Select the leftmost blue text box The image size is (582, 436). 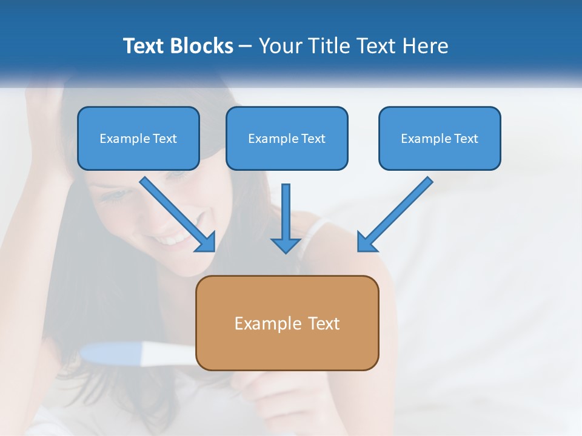138,138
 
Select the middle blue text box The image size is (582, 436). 287,138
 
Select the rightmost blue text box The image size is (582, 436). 440,138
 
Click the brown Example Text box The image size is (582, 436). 287,323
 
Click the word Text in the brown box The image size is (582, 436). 323,323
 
